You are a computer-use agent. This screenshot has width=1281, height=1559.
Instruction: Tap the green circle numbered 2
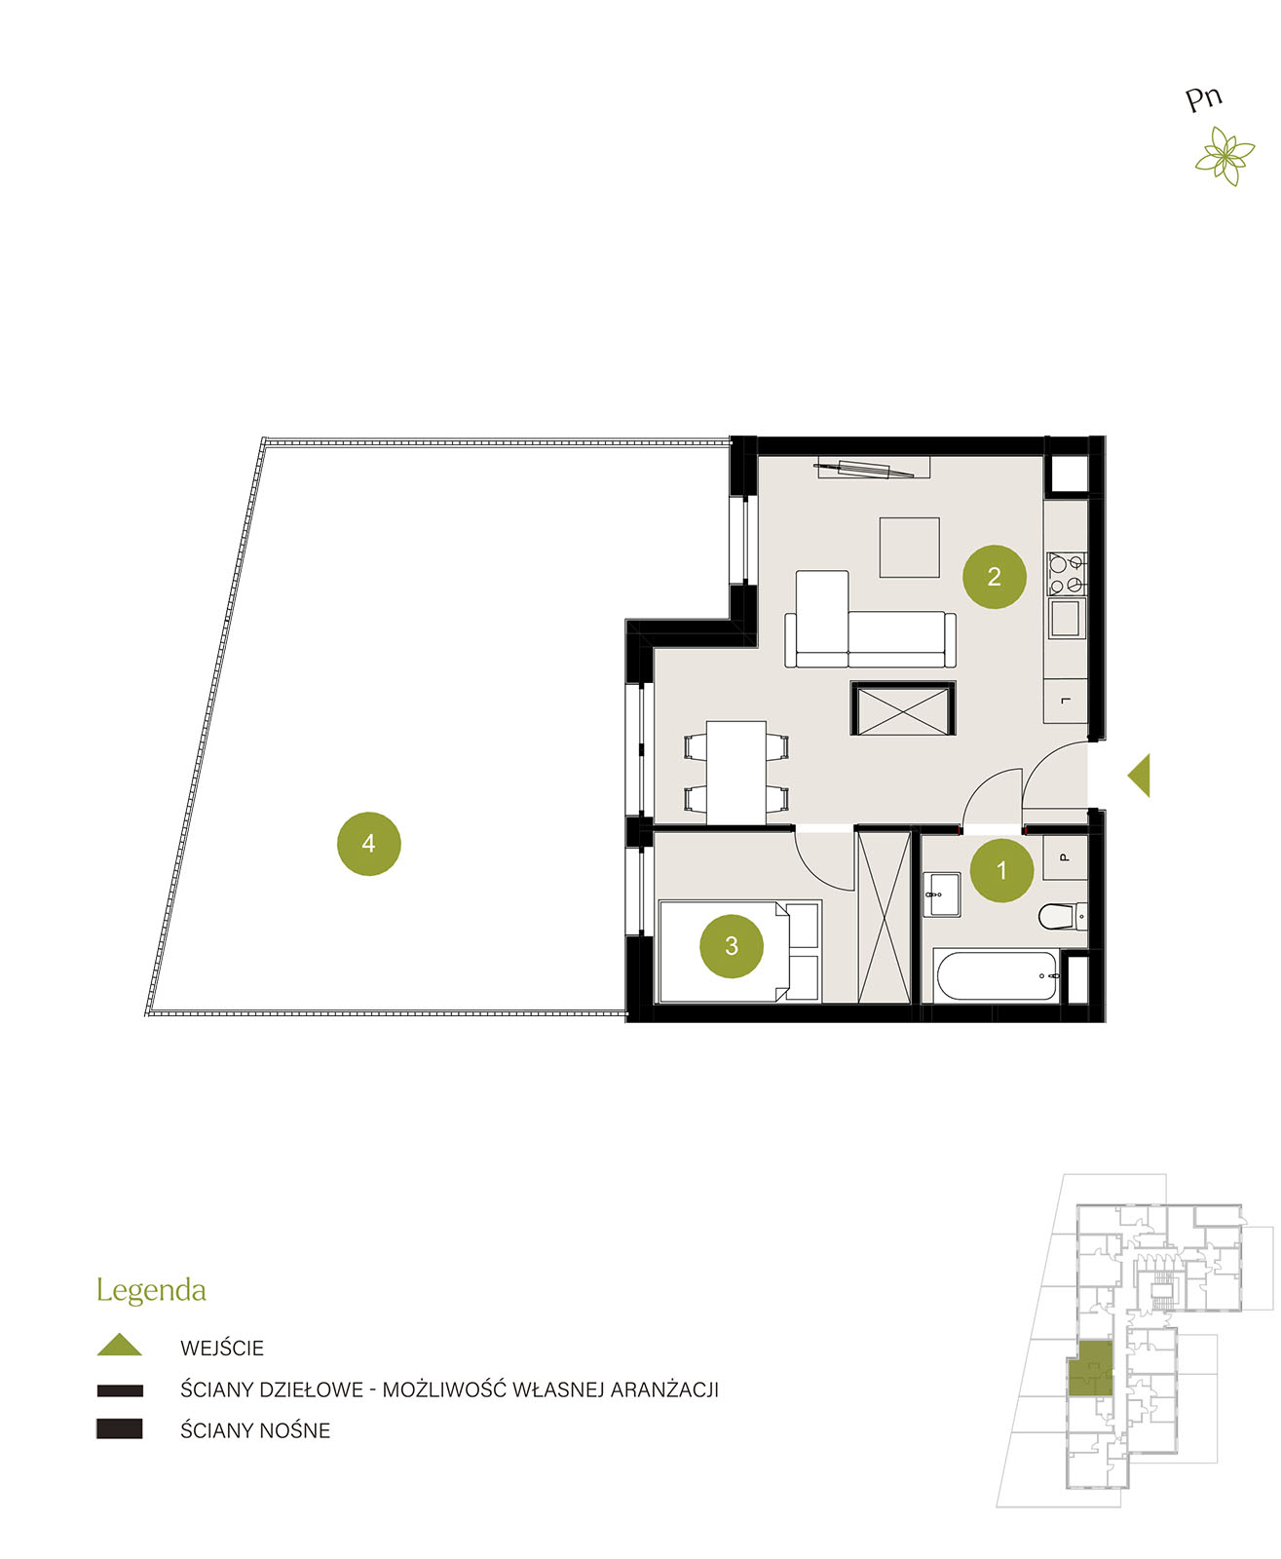(x=994, y=576)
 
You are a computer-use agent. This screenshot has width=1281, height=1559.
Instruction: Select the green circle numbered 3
(x=731, y=945)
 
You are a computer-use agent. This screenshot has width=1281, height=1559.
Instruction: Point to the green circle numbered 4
(x=368, y=843)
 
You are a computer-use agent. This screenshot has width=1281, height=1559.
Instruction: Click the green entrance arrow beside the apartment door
(x=1139, y=775)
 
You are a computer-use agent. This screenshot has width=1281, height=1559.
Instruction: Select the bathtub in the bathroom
(x=995, y=975)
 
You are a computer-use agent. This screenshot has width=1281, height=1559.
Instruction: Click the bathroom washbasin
(x=941, y=894)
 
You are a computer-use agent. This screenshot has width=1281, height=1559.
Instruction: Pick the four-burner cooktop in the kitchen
(x=1066, y=574)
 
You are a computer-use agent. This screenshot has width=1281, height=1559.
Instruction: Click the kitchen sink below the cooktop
(x=1066, y=617)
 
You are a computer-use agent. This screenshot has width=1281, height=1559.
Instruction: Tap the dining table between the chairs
(x=735, y=772)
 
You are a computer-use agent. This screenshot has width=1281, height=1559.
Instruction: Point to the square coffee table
(x=909, y=547)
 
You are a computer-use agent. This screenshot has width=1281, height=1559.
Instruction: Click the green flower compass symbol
(x=1224, y=156)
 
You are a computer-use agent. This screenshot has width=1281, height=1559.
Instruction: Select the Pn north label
(x=1203, y=98)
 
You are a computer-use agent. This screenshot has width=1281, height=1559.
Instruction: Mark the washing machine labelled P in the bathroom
(x=1065, y=857)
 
